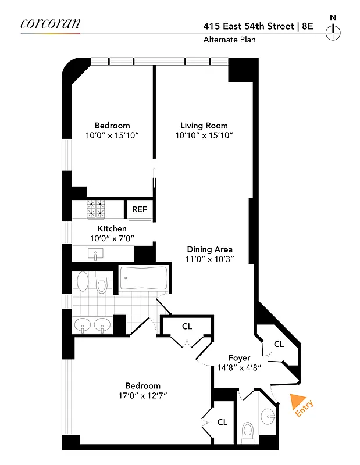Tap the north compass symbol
click(333, 33)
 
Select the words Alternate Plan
click(229, 40)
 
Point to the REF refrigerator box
click(140, 209)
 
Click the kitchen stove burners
click(96, 208)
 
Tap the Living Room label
click(204, 126)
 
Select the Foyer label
click(239, 358)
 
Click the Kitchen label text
click(112, 228)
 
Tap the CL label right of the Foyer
click(279, 344)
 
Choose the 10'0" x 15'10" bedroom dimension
click(112, 135)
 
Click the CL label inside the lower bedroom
click(222, 421)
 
